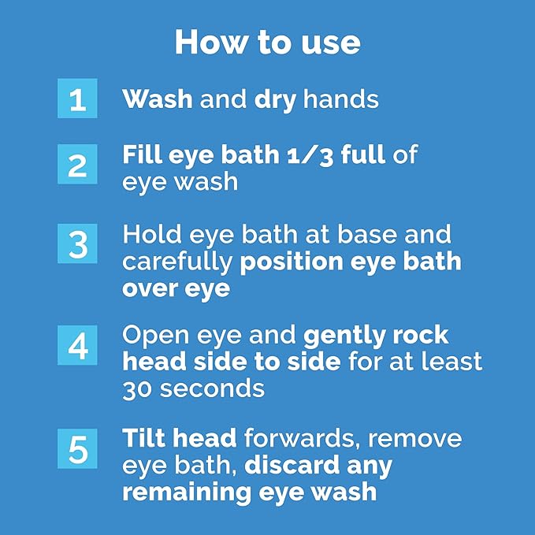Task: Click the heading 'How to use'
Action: tap(268, 43)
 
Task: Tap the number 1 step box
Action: tap(77, 98)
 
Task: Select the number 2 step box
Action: tap(77, 164)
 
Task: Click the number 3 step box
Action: tap(77, 243)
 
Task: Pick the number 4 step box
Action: tap(77, 345)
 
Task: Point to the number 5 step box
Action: tap(77, 448)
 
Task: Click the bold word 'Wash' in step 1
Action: tap(158, 99)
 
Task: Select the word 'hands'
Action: tap(341, 99)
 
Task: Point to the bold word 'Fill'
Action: tap(142, 154)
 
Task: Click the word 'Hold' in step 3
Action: tap(152, 234)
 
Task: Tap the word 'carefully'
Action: tap(177, 263)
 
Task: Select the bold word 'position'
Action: tap(292, 263)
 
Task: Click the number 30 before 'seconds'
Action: tap(137, 389)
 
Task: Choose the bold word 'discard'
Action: tap(292, 465)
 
